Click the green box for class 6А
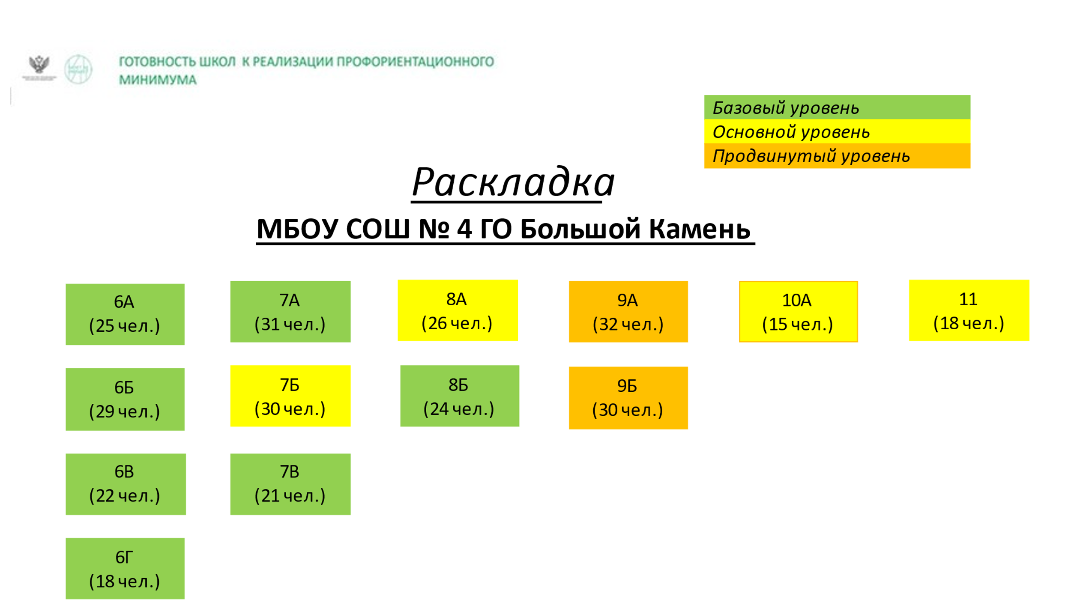tap(125, 314)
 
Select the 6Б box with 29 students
tap(125, 399)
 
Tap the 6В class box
tap(126, 484)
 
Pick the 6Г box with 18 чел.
tap(125, 569)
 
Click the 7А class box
tap(290, 312)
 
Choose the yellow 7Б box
tap(290, 396)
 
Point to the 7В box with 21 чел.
tap(290, 484)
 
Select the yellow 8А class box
tap(458, 310)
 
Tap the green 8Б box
tap(460, 396)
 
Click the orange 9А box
tap(628, 312)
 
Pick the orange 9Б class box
tap(628, 398)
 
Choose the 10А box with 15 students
tap(799, 312)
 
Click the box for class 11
tap(969, 310)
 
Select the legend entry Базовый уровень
tap(837, 107)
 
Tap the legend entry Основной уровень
tap(837, 131)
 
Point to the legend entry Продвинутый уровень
tap(837, 156)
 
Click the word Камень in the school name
tap(700, 229)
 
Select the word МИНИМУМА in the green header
tap(158, 80)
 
